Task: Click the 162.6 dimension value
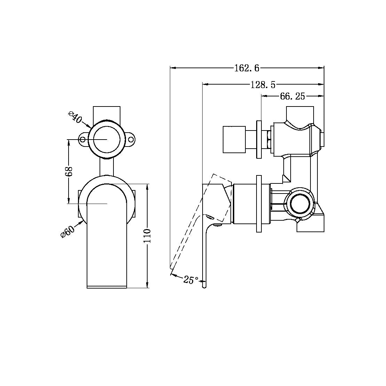point(246,68)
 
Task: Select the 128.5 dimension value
point(263,84)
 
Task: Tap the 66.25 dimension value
point(292,96)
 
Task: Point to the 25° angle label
point(191,279)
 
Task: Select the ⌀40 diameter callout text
point(75,117)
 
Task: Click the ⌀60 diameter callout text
point(68,231)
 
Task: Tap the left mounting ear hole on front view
point(83,140)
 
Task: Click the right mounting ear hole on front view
point(131,140)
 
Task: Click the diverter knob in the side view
point(234,139)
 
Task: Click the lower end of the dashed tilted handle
point(171,267)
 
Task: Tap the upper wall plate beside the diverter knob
point(259,139)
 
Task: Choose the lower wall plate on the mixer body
point(259,204)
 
